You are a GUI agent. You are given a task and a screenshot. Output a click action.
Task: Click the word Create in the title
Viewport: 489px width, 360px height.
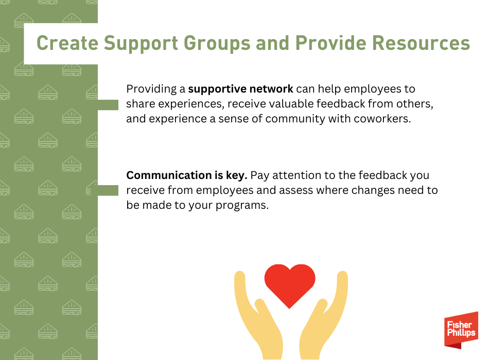pos(67,43)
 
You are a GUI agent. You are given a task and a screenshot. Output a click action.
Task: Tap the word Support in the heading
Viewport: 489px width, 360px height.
pos(141,44)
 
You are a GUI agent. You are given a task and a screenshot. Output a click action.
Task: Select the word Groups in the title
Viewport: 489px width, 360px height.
pos(217,44)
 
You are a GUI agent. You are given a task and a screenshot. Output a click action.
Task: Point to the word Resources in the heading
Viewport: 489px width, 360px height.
pos(421,43)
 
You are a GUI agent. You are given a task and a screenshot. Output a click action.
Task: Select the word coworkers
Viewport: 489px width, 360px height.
pos(382,119)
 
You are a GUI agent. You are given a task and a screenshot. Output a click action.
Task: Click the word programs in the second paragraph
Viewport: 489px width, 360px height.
pos(242,206)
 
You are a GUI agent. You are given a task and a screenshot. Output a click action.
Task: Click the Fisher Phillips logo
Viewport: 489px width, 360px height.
pos(461,330)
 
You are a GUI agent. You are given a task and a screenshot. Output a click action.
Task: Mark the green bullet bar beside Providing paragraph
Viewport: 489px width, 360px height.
pos(108,105)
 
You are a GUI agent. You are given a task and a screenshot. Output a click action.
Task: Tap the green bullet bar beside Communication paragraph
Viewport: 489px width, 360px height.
pos(108,190)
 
